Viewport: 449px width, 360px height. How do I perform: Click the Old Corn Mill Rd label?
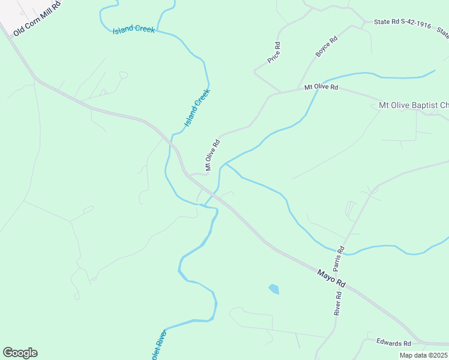coord(38,19)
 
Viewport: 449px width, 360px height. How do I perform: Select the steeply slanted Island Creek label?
coord(197,107)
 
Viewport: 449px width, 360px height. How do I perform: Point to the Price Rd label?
coord(274,53)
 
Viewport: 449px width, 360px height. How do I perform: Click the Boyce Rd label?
coord(327,47)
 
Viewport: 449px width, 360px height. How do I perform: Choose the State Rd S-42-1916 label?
coord(402,25)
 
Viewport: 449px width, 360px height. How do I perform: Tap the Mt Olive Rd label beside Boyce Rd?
coord(321,88)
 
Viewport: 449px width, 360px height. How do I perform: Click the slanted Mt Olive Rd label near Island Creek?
coord(213,155)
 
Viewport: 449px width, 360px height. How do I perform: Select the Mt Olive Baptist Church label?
coord(414,106)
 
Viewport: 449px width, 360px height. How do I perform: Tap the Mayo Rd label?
coord(332,278)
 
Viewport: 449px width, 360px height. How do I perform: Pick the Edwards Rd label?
coord(393,343)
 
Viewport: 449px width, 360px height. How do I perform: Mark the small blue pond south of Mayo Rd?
coord(274,289)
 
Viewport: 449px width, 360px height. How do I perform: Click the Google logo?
coord(20,353)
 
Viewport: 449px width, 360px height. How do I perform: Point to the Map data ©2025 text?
coord(423,355)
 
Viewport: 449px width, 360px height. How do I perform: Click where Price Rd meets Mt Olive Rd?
coord(280,92)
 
